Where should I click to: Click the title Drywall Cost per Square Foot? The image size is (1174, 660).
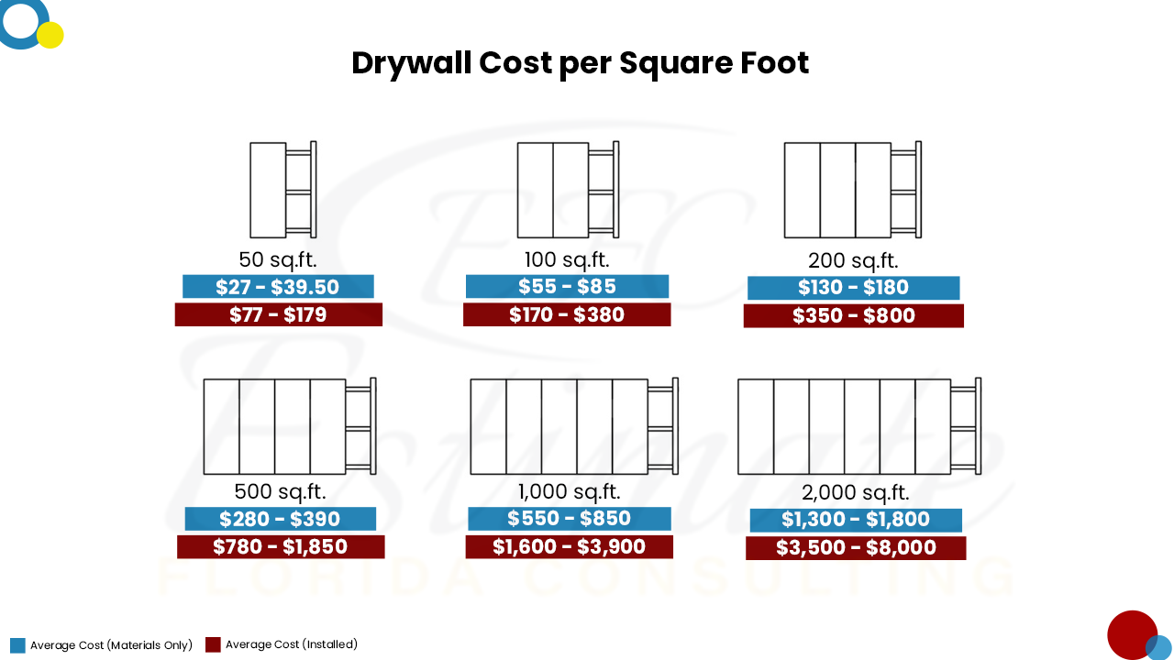[x=580, y=63]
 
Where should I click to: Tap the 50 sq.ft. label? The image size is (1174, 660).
[x=278, y=259]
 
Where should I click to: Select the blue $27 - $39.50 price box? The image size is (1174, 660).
[x=278, y=287]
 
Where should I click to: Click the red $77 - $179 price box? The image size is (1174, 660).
[x=278, y=315]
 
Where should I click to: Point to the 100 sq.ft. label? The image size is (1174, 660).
[x=567, y=259]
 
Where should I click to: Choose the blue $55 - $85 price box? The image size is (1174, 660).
[x=567, y=286]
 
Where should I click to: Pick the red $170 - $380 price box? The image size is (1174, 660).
[x=567, y=315]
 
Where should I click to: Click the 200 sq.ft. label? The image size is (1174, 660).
[x=853, y=260]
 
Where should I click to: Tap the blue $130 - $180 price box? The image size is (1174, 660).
[x=853, y=288]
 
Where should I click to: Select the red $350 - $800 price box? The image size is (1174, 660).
[x=853, y=316]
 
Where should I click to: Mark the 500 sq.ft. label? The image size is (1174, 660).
[x=280, y=491]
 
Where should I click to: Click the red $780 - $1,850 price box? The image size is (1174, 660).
[x=280, y=547]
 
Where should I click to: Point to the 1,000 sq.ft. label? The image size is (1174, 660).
[x=568, y=491]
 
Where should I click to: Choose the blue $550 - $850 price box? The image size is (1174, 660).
[x=569, y=519]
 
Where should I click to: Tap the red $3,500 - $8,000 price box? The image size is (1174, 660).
[x=856, y=548]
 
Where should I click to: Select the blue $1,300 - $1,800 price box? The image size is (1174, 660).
[x=856, y=520]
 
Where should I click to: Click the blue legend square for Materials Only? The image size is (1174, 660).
[x=17, y=645]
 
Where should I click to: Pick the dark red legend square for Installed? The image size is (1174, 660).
[x=213, y=644]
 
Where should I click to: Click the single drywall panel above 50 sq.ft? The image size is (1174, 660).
[x=268, y=190]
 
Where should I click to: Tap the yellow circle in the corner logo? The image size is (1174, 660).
[x=50, y=35]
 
